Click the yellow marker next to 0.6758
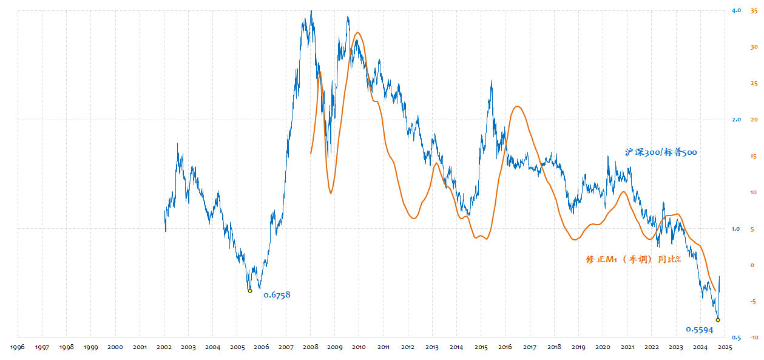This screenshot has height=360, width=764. [x=250, y=291]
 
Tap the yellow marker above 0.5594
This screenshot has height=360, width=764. [x=718, y=319]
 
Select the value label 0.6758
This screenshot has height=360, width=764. [x=277, y=295]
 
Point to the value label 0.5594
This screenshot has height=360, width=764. [x=699, y=330]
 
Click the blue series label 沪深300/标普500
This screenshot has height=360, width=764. [x=661, y=152]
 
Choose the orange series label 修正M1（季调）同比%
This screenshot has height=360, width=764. [x=634, y=259]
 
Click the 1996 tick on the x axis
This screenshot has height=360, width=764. [x=18, y=347]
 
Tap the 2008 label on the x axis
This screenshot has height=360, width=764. [x=310, y=347]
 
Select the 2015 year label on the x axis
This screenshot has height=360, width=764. [x=481, y=347]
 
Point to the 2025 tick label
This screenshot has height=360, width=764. [x=725, y=347]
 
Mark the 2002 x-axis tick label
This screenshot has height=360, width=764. [x=164, y=347]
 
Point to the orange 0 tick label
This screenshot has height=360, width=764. [x=752, y=265]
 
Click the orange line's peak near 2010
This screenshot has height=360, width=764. [x=357, y=33]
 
